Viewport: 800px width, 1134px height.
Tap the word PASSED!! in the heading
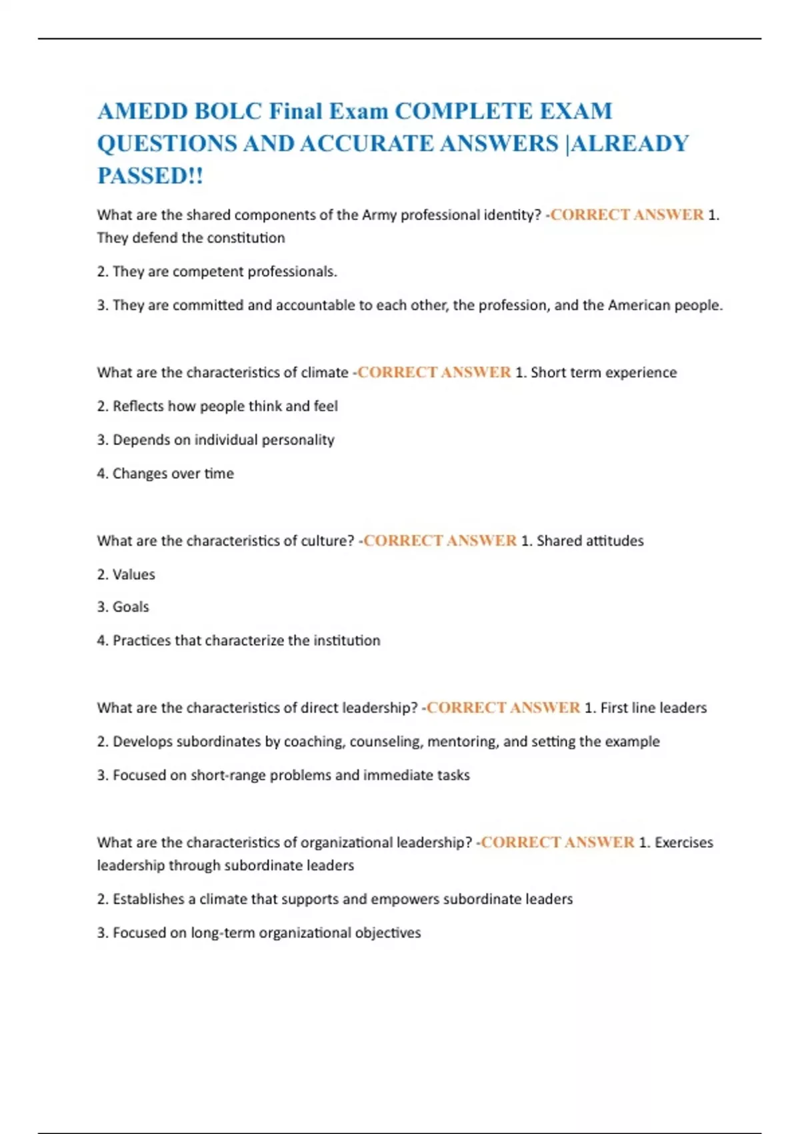[150, 176]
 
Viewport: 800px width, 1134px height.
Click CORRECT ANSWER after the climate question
[434, 372]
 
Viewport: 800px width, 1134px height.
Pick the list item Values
[133, 574]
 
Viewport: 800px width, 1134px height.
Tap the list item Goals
[131, 607]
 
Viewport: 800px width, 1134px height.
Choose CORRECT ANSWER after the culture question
[440, 541]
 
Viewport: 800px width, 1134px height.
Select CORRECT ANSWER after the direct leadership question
[503, 708]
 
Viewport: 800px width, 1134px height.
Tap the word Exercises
[683, 842]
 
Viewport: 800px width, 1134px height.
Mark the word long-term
[223, 933]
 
